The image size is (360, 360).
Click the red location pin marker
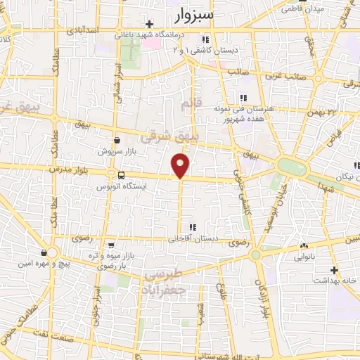tap(181, 165)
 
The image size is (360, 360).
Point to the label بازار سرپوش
tap(115, 151)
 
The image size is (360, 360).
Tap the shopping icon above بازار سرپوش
tap(116, 140)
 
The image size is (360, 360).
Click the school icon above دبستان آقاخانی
tap(191, 227)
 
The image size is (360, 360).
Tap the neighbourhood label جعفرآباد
tap(167, 289)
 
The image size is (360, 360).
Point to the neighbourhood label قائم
tap(186, 105)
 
